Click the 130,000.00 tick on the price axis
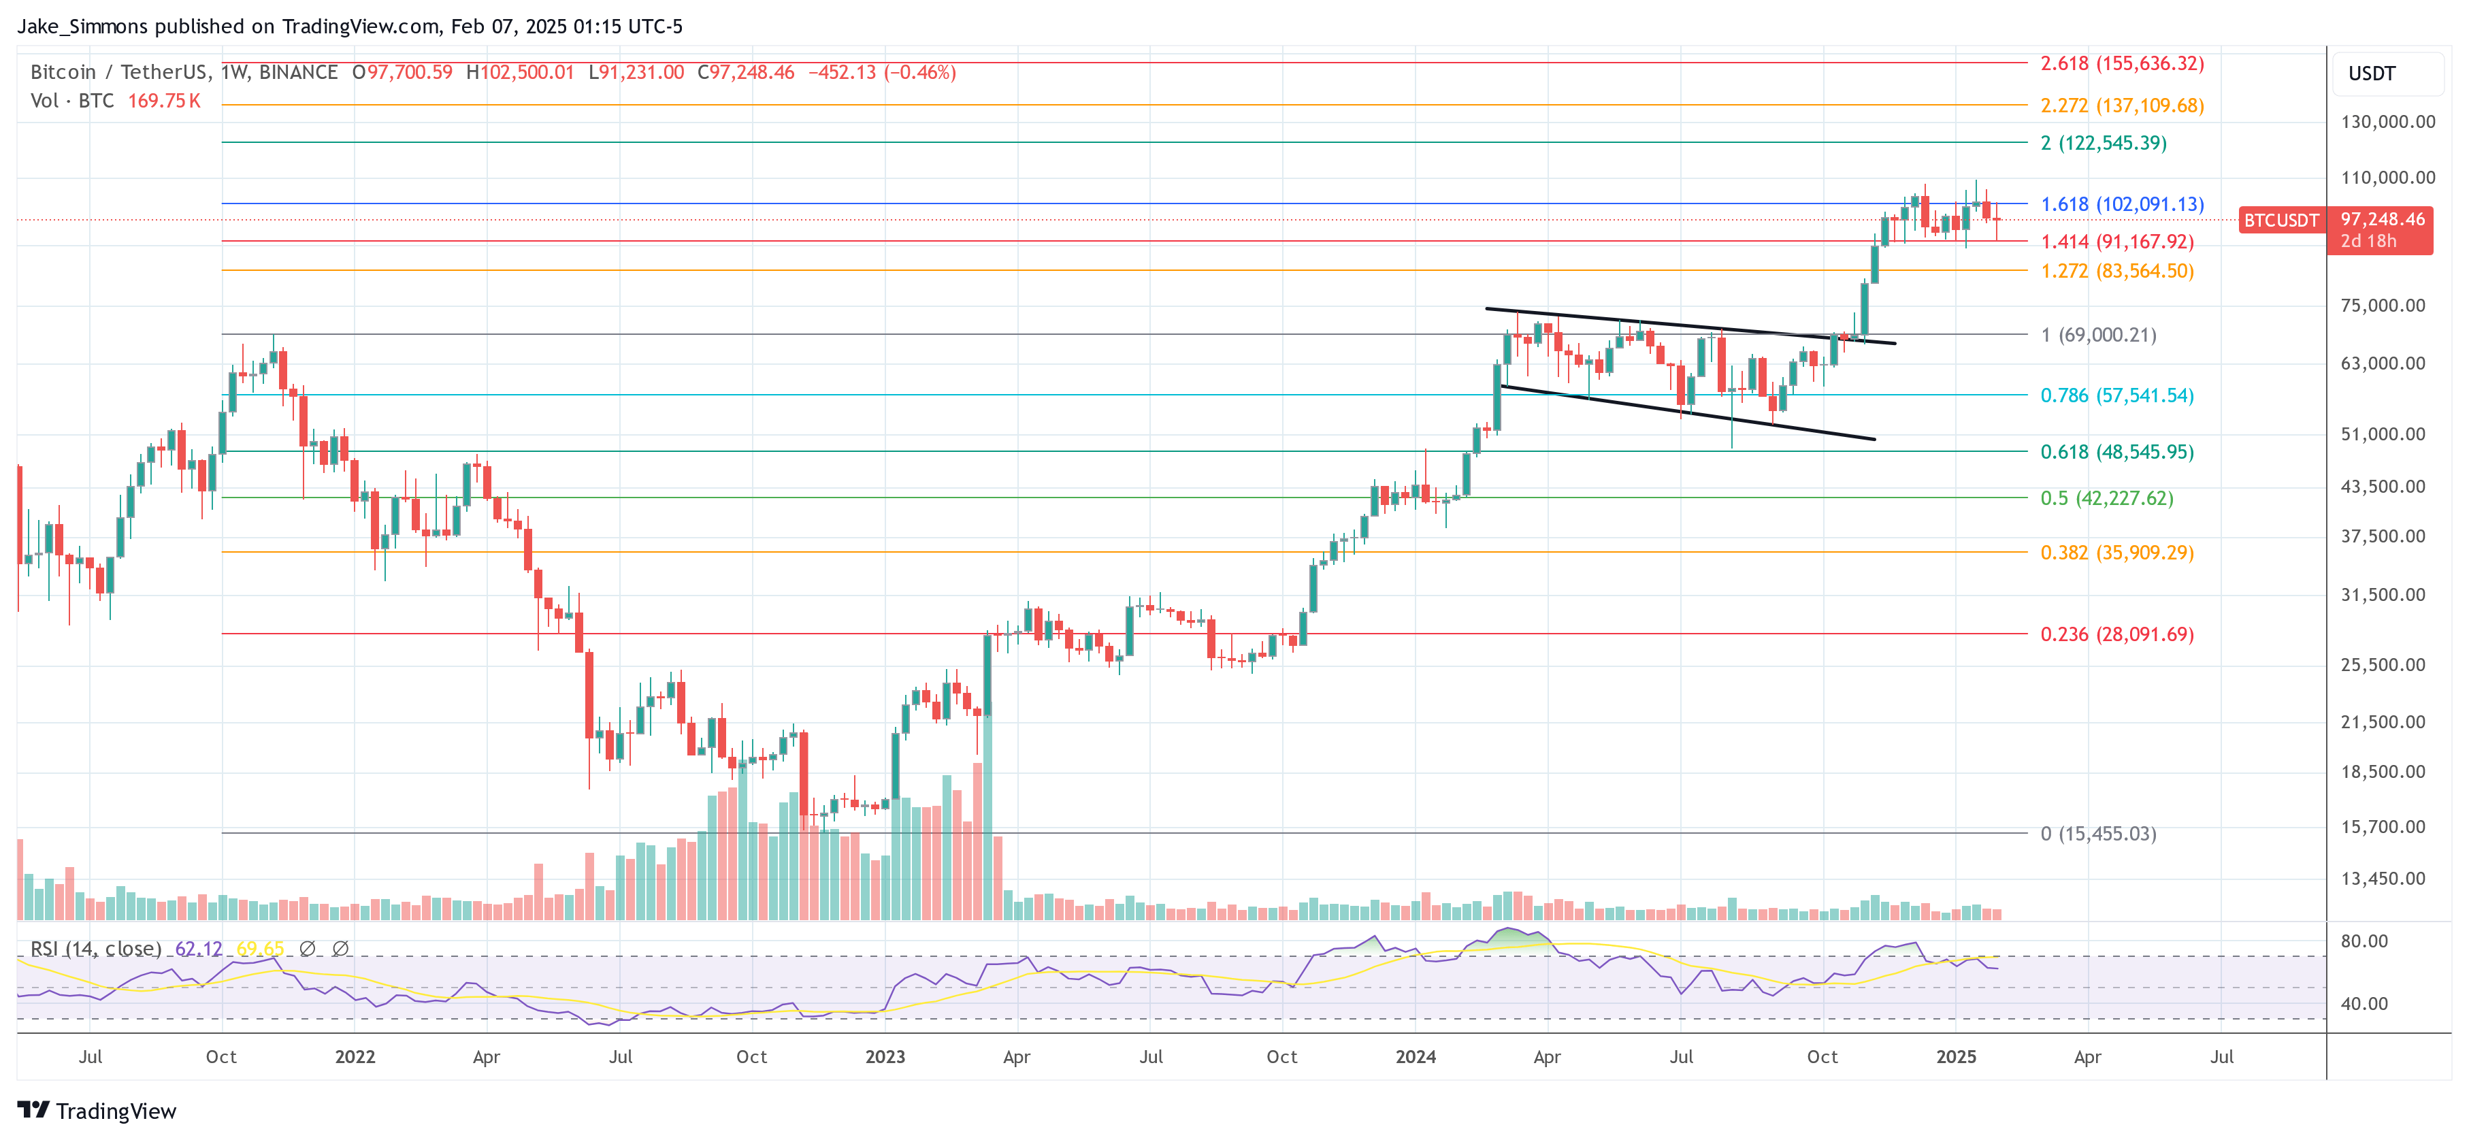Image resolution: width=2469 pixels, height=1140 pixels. coord(2387,122)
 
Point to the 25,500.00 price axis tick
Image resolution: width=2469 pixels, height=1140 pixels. coord(2383,664)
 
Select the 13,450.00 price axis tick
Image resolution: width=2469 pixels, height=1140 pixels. coord(2383,878)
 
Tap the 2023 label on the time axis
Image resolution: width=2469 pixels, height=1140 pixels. coord(885,1056)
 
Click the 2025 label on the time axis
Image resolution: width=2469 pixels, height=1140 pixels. coord(1955,1056)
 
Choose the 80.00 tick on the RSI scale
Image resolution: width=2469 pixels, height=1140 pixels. coord(2364,941)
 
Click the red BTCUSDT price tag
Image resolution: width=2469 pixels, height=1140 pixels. coord(2280,221)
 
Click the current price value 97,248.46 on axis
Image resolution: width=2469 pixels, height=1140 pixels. coord(2382,220)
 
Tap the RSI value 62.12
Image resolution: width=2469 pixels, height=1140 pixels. coord(199,948)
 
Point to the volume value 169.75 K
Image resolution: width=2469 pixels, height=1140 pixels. coord(164,101)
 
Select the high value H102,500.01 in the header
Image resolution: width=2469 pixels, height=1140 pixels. coord(519,72)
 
